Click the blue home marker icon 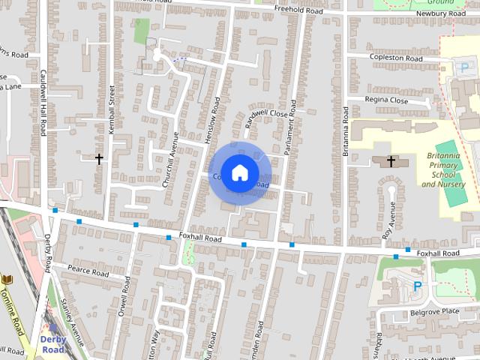click(239, 172)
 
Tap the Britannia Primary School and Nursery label click(442, 169)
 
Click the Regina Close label click(387, 100)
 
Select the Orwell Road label click(124, 297)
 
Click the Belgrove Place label click(434, 311)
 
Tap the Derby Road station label click(54, 344)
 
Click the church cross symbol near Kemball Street click(99, 158)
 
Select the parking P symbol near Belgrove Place click(418, 286)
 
